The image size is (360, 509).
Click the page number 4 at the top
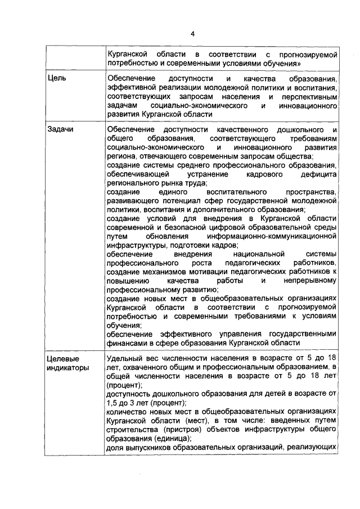[x=192, y=34]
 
